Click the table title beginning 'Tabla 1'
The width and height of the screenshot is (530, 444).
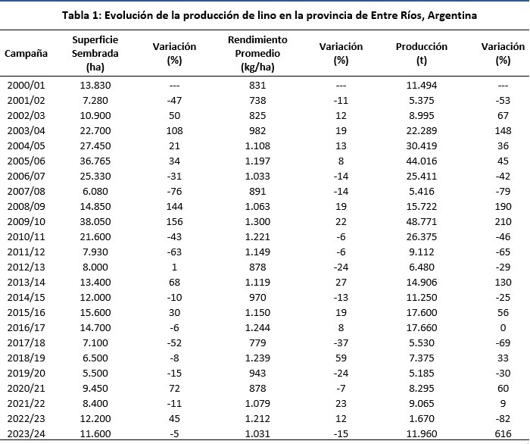tap(265, 15)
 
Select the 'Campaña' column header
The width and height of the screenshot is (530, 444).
tap(26, 53)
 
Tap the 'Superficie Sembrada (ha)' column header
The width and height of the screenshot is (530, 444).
tap(95, 53)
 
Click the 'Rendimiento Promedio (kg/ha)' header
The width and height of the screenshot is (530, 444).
tap(257, 53)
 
